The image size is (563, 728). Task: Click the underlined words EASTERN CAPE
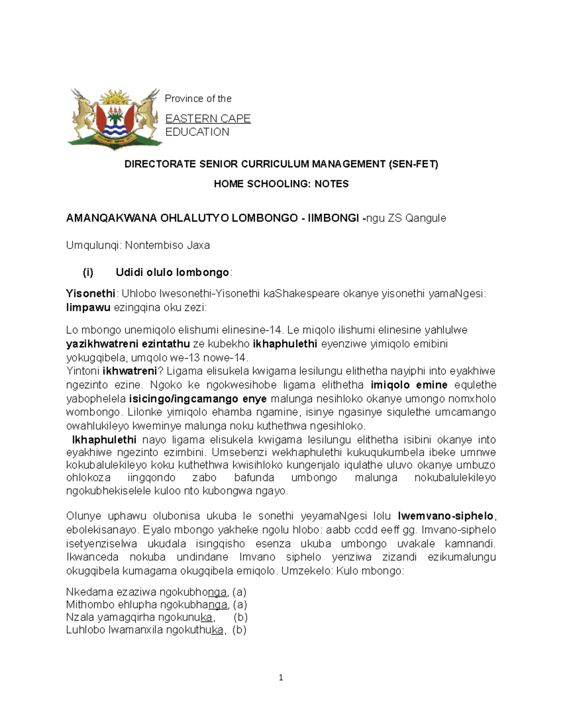coord(208,119)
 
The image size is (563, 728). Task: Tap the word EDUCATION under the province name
coord(197,132)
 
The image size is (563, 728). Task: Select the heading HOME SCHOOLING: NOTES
coord(281,184)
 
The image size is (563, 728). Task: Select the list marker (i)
coord(88,272)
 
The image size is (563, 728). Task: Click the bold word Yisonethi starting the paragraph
coord(91,294)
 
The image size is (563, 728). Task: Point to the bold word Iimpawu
coord(88,308)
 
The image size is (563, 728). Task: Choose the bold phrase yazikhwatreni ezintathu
coord(128,344)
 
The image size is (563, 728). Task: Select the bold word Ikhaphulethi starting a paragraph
coord(104,440)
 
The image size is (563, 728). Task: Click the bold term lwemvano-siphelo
coord(446,516)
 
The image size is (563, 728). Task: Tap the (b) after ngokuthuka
coord(239,630)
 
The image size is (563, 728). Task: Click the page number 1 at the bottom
coord(281,677)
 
